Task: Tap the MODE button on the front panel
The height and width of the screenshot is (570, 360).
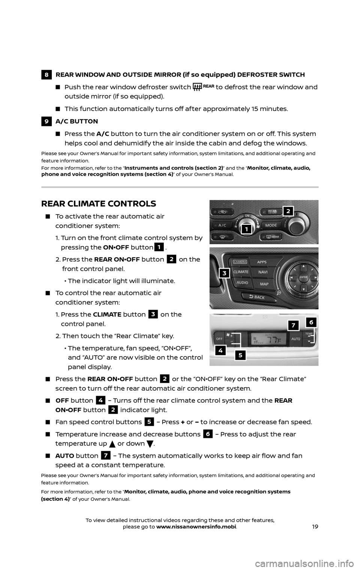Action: (271, 226)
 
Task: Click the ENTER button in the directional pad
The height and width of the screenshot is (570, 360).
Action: (302, 277)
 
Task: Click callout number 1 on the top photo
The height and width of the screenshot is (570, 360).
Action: (246, 229)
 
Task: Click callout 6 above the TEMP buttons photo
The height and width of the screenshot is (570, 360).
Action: (311, 322)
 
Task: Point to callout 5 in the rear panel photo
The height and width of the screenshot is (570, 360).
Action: (241, 355)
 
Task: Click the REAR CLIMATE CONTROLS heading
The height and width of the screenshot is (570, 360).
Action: (98, 204)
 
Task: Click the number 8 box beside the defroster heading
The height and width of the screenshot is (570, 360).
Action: (45, 74)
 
